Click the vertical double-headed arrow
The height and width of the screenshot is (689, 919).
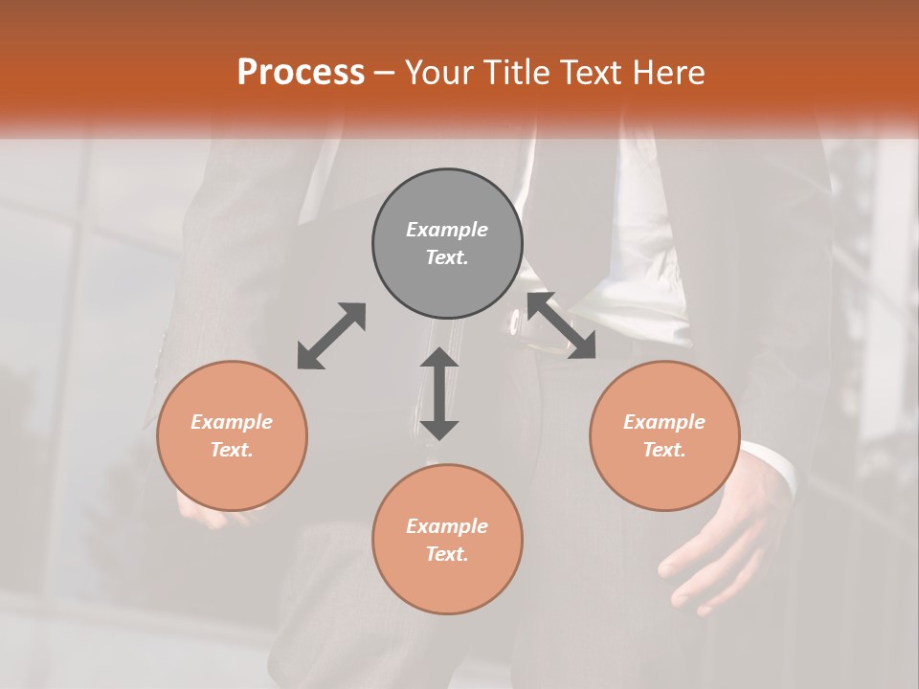click(439, 393)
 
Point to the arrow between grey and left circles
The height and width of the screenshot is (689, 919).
click(331, 336)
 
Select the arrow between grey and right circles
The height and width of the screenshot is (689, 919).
click(562, 326)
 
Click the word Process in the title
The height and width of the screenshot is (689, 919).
click(301, 73)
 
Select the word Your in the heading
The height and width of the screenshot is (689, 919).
click(437, 73)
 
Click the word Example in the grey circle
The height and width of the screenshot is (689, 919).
click(447, 230)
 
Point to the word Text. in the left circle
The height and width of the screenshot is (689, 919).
click(232, 450)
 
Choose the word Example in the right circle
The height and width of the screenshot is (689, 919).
click(664, 422)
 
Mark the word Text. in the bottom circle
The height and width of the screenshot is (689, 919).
click(447, 554)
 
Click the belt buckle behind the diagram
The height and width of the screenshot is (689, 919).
click(518, 322)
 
